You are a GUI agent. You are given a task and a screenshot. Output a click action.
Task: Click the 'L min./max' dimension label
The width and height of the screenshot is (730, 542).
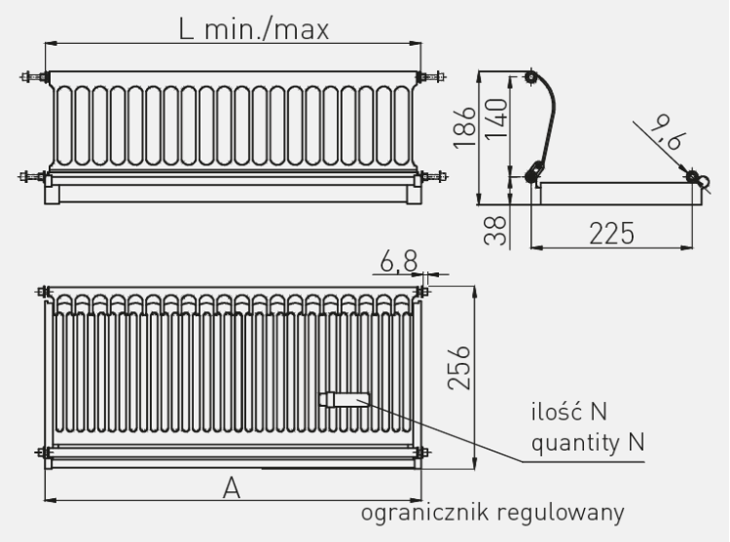pos(254,29)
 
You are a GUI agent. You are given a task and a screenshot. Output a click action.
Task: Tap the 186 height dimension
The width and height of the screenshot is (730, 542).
pos(464,127)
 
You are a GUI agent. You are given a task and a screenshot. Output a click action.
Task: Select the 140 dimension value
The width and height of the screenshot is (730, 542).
pos(495,119)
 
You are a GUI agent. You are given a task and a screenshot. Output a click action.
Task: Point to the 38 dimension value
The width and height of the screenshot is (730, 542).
pos(495,231)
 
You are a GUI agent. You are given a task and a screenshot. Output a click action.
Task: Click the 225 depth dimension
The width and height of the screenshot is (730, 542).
pos(612,234)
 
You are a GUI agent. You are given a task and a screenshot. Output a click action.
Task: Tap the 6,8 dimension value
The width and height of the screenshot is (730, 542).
pos(399,262)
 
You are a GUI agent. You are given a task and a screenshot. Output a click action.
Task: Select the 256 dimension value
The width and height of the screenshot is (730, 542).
pos(459,368)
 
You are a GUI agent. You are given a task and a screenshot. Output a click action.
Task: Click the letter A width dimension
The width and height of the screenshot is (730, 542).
pos(232,488)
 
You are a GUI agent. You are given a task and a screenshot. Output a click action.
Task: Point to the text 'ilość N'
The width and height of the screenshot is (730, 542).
pos(569,412)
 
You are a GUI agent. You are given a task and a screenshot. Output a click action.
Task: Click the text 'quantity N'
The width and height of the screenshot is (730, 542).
pos(588,442)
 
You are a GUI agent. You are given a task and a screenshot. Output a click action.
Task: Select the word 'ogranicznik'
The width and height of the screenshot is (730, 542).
pos(425,513)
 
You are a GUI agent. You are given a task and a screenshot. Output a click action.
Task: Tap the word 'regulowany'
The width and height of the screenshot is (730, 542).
pos(561,513)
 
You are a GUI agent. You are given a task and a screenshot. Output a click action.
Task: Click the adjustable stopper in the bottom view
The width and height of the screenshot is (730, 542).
pos(344,400)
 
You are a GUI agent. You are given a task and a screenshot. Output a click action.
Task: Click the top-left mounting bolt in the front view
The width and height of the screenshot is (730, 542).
pos(33,77)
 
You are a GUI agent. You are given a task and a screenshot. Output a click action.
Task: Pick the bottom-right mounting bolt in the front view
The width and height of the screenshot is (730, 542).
pos(433,177)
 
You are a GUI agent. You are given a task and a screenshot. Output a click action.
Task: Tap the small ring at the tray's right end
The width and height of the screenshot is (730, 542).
pos(704,181)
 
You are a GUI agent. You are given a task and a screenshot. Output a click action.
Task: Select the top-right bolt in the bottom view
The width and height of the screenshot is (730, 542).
pos(422,292)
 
